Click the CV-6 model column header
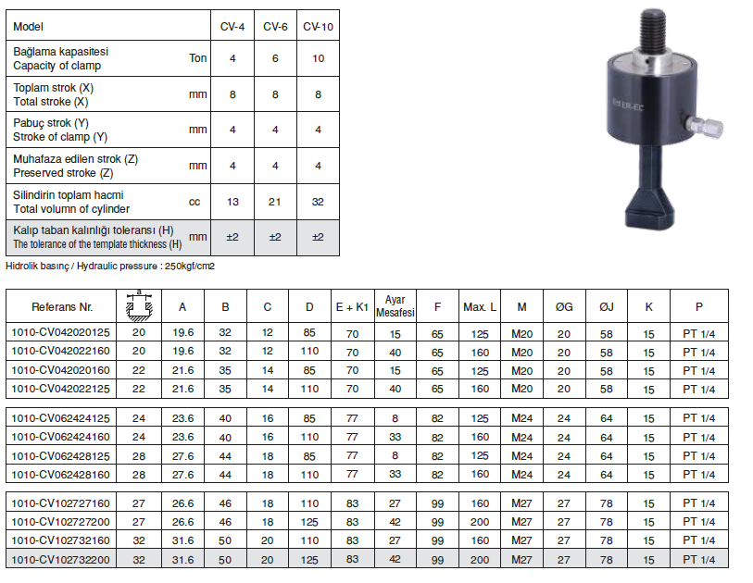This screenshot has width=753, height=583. coord(275,27)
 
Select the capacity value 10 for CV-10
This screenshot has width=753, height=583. coord(318,58)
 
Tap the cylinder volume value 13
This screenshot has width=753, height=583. coord(232,202)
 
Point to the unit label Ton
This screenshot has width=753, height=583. coord(198,58)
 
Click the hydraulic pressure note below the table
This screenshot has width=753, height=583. coord(110,267)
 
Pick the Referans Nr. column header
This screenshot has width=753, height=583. coord(62,307)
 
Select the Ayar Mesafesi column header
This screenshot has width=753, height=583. coord(395,306)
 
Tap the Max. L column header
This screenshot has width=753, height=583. coord(480,307)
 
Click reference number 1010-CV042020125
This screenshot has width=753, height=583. coord(60,332)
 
